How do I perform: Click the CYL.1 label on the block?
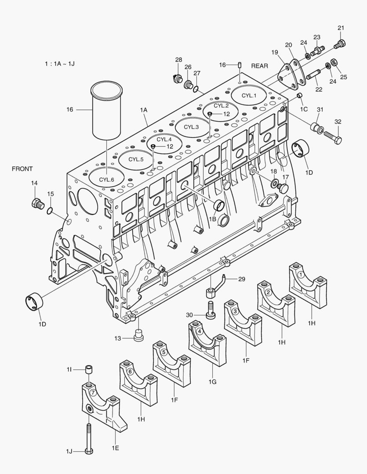click(x=249, y=95)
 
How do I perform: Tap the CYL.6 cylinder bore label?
click(x=106, y=180)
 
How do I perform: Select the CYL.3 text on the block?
click(x=191, y=127)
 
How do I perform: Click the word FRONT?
click(x=22, y=169)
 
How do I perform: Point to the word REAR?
click(x=259, y=66)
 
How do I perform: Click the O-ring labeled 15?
click(x=51, y=211)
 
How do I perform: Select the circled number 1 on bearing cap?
click(x=301, y=274)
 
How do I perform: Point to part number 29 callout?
click(x=241, y=279)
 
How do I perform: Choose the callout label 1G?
click(x=212, y=382)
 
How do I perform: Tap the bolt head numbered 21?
click(x=341, y=43)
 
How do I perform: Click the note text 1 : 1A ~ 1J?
click(x=59, y=64)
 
